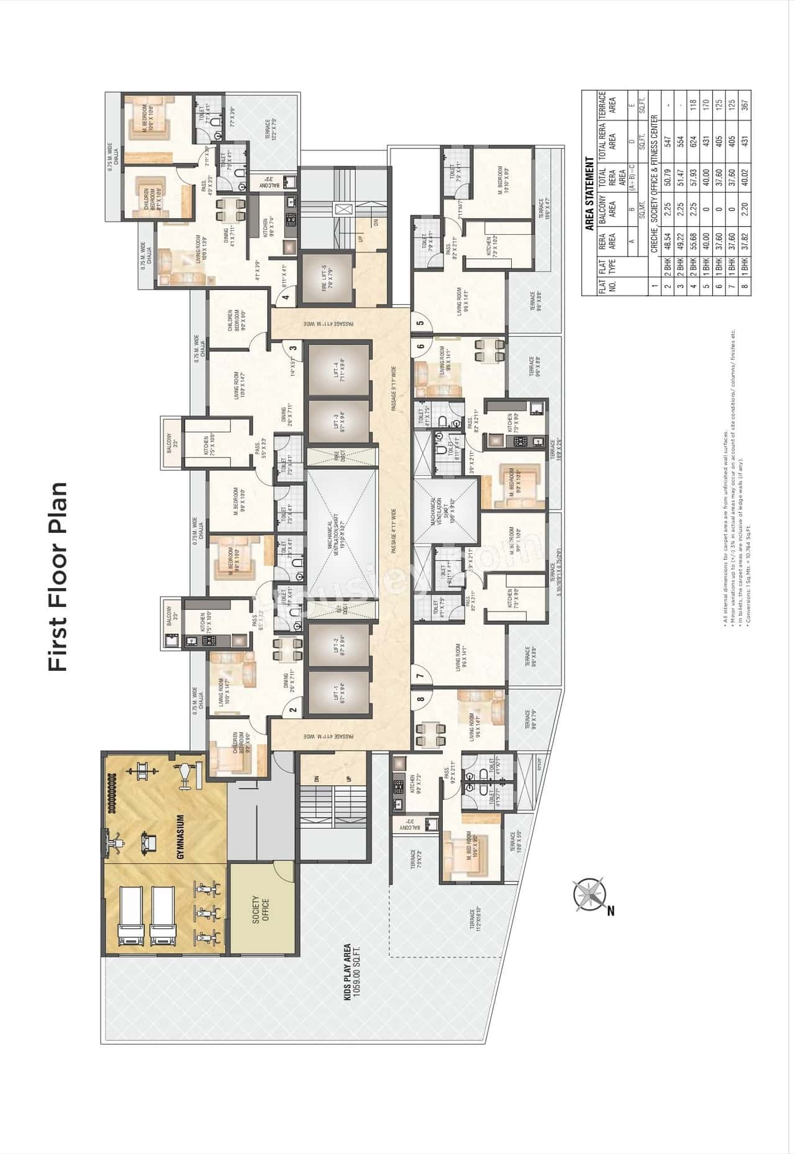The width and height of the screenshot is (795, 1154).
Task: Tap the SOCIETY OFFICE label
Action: (x=260, y=909)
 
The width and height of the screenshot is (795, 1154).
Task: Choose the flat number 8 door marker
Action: (x=420, y=699)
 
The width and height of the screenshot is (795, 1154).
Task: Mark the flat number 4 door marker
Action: (x=286, y=298)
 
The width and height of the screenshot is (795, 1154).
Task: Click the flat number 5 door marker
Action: (x=420, y=322)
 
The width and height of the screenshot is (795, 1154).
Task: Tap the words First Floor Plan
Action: (x=57, y=576)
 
